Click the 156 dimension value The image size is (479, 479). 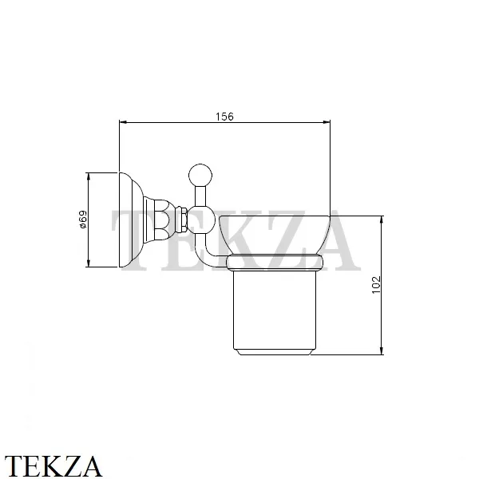[224, 117]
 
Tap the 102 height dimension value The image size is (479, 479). [376, 285]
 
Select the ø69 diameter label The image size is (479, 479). [83, 220]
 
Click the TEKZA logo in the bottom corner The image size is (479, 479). [53, 466]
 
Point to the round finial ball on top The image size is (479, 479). [200, 176]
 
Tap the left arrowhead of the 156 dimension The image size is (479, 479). [123, 122]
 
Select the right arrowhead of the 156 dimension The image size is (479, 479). [327, 122]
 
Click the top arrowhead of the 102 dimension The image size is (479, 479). [382, 220]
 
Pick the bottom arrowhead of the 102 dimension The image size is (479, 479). [382, 351]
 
